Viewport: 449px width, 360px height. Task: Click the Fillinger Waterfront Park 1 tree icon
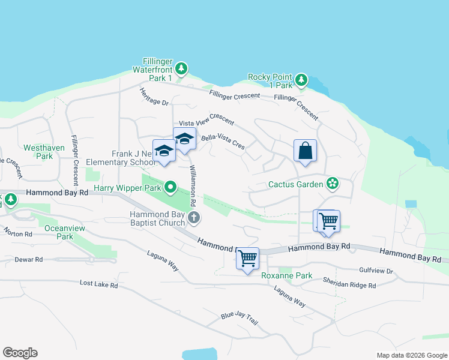click(x=181, y=70)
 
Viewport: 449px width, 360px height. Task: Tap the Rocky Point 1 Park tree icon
click(x=301, y=80)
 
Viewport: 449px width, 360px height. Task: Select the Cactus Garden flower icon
click(x=331, y=184)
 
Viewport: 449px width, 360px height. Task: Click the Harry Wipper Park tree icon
click(x=170, y=188)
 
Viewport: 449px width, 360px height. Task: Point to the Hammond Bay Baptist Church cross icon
click(x=193, y=218)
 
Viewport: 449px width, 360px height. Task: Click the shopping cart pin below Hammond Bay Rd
click(x=247, y=259)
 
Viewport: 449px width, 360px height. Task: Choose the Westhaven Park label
click(x=37, y=152)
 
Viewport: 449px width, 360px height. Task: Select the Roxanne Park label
click(x=287, y=276)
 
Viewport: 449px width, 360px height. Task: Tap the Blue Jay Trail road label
click(x=239, y=318)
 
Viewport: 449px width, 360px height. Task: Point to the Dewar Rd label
click(x=30, y=260)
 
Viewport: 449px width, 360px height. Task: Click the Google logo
click(x=20, y=353)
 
